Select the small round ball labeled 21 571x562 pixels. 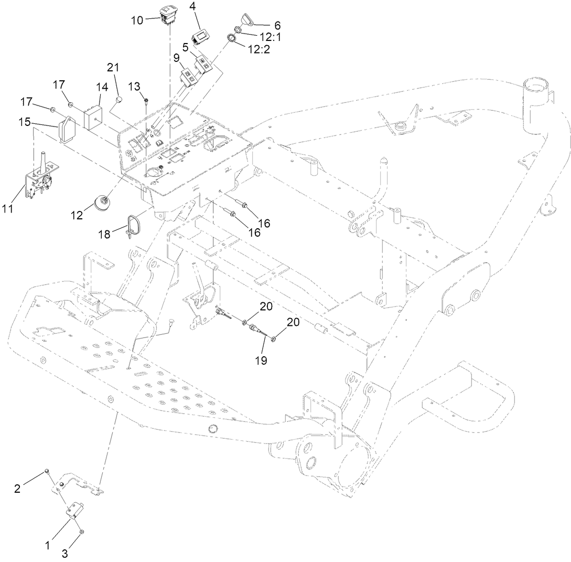120,99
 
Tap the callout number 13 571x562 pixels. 135,86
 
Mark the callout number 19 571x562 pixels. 261,360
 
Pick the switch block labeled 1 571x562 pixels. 75,510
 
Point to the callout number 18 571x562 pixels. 104,234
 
